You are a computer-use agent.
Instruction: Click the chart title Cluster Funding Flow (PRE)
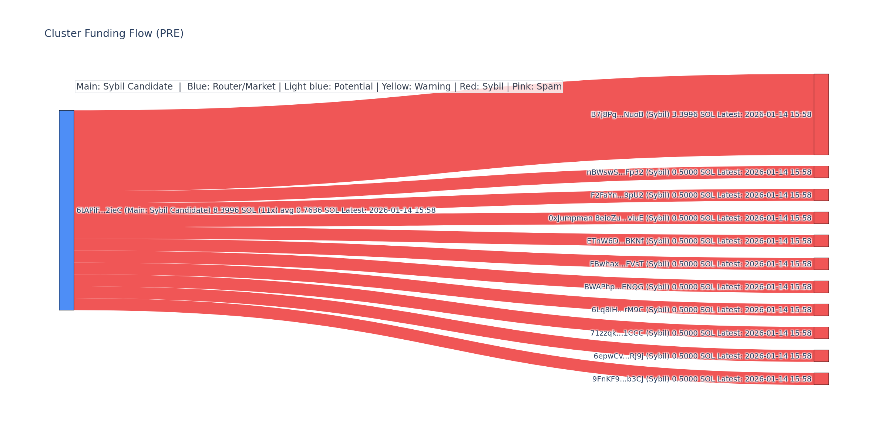[x=114, y=34]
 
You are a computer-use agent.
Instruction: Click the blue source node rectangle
[x=67, y=210]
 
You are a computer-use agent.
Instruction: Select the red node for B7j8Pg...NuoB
[x=821, y=114]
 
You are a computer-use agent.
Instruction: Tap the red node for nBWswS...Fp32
[x=821, y=172]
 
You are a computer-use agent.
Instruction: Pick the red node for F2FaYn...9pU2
[x=821, y=195]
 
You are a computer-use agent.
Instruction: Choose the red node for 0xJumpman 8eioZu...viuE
[x=821, y=218]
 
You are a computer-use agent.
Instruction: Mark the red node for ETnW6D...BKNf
[x=821, y=241]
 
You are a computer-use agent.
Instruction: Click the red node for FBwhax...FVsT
[x=821, y=264]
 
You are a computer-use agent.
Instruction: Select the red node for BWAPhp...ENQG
[x=821, y=287]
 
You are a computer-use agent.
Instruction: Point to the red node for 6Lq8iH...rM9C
[x=821, y=310]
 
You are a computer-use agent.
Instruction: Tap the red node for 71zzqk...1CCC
[x=821, y=333]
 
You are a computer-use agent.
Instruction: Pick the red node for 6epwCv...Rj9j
[x=821, y=356]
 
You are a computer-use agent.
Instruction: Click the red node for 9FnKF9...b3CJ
[x=821, y=379]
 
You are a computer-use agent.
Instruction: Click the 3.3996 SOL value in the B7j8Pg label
[x=693, y=115]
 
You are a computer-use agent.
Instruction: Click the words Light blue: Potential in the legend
[x=329, y=87]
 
